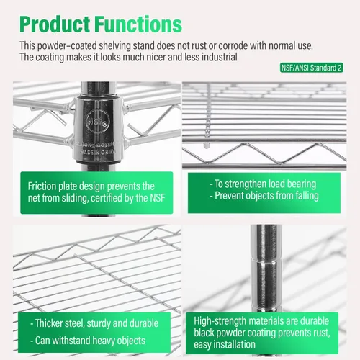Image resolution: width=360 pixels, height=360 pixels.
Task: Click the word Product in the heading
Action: click(x=55, y=24)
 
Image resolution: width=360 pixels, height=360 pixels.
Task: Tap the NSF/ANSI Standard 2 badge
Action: click(x=312, y=68)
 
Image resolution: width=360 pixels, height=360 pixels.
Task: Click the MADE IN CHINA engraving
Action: click(x=98, y=152)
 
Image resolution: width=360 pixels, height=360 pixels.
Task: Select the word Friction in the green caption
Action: click(x=42, y=186)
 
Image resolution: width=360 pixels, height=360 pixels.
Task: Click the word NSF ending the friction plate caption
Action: click(x=158, y=198)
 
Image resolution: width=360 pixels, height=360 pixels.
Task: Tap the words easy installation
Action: click(x=225, y=345)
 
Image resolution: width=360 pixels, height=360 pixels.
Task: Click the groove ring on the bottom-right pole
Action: click(x=266, y=259)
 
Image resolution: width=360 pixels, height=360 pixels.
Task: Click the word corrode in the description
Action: click(x=233, y=46)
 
